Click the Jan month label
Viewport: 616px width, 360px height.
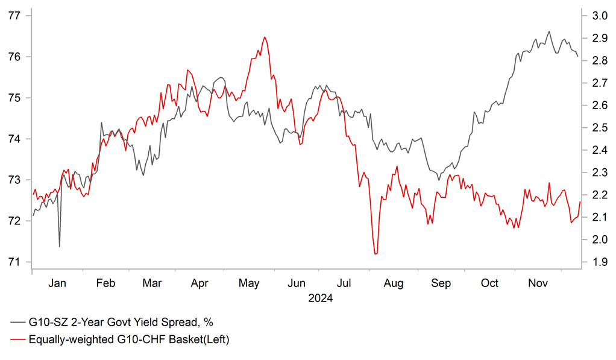click(x=57, y=283)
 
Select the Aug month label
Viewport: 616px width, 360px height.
click(x=394, y=283)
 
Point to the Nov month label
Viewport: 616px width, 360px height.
click(x=539, y=283)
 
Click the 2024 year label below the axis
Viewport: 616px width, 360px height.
click(x=321, y=298)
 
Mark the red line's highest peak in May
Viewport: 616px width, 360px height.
click(x=265, y=37)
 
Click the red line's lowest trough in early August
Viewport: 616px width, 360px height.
click(x=376, y=254)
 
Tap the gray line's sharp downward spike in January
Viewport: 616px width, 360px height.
click(x=59, y=246)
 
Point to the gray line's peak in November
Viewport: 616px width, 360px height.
click(x=548, y=31)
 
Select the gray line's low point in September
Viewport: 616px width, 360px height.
click(x=439, y=180)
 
